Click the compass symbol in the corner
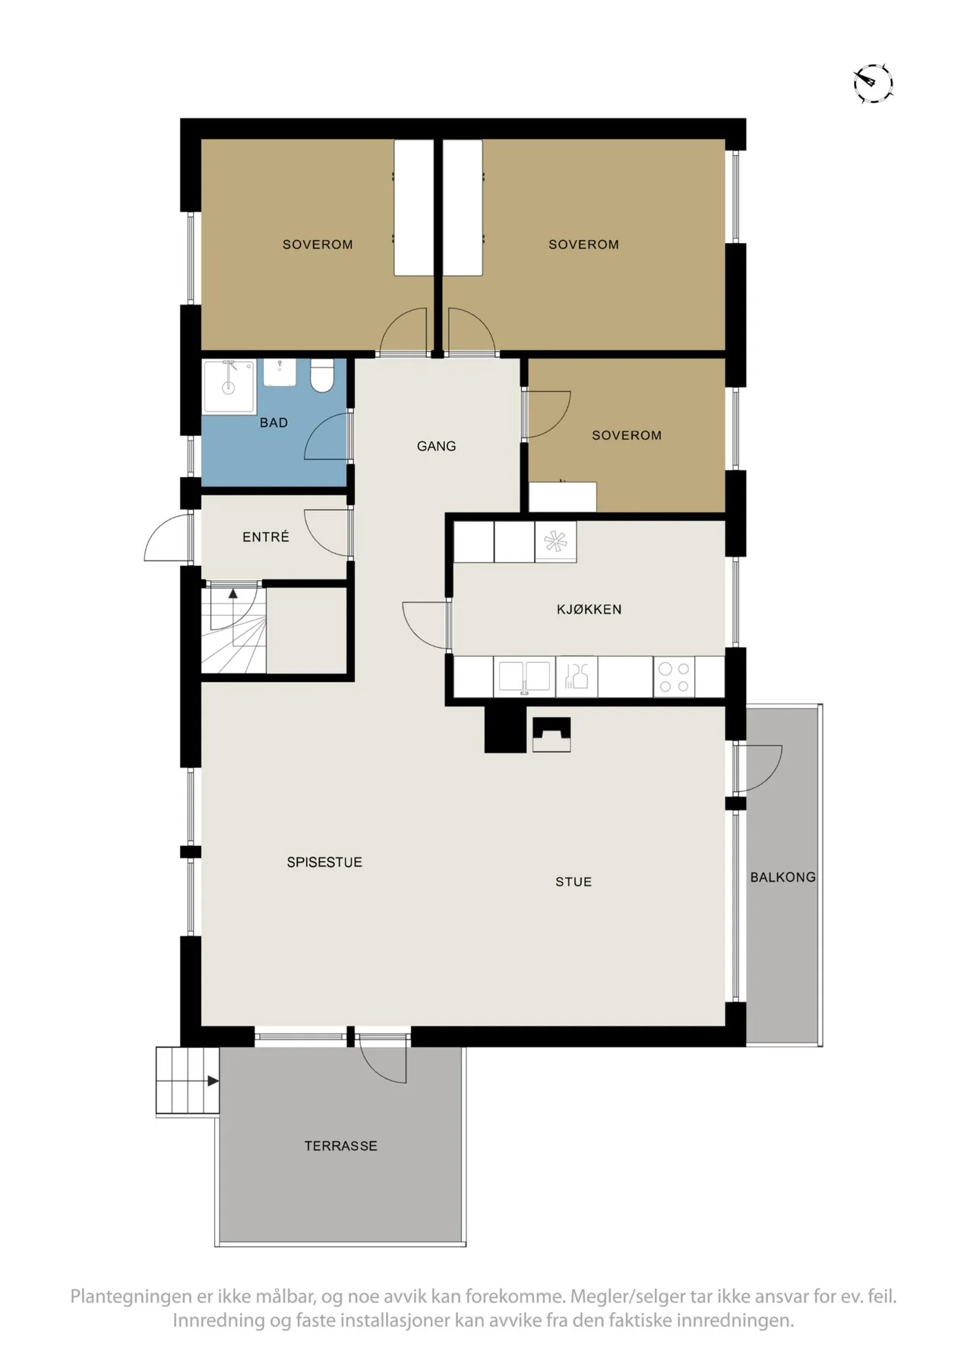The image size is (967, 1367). click(x=873, y=83)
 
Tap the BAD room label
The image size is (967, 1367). click(x=273, y=423)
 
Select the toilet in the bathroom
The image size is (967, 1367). click(x=322, y=376)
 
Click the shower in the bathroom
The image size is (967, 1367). click(x=229, y=387)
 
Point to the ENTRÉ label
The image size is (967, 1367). click(x=266, y=537)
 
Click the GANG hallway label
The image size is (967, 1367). click(x=437, y=447)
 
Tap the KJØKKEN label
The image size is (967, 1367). click(x=589, y=609)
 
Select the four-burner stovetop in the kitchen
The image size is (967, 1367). click(x=674, y=677)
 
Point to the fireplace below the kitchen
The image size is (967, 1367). click(x=551, y=734)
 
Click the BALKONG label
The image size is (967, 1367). click(x=783, y=877)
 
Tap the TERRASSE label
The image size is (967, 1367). click(x=341, y=1146)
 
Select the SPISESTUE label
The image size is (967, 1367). click(x=324, y=863)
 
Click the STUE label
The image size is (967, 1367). click(x=574, y=882)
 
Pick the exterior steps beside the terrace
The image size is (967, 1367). click(x=188, y=1081)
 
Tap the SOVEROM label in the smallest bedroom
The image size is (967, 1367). click(x=627, y=435)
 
